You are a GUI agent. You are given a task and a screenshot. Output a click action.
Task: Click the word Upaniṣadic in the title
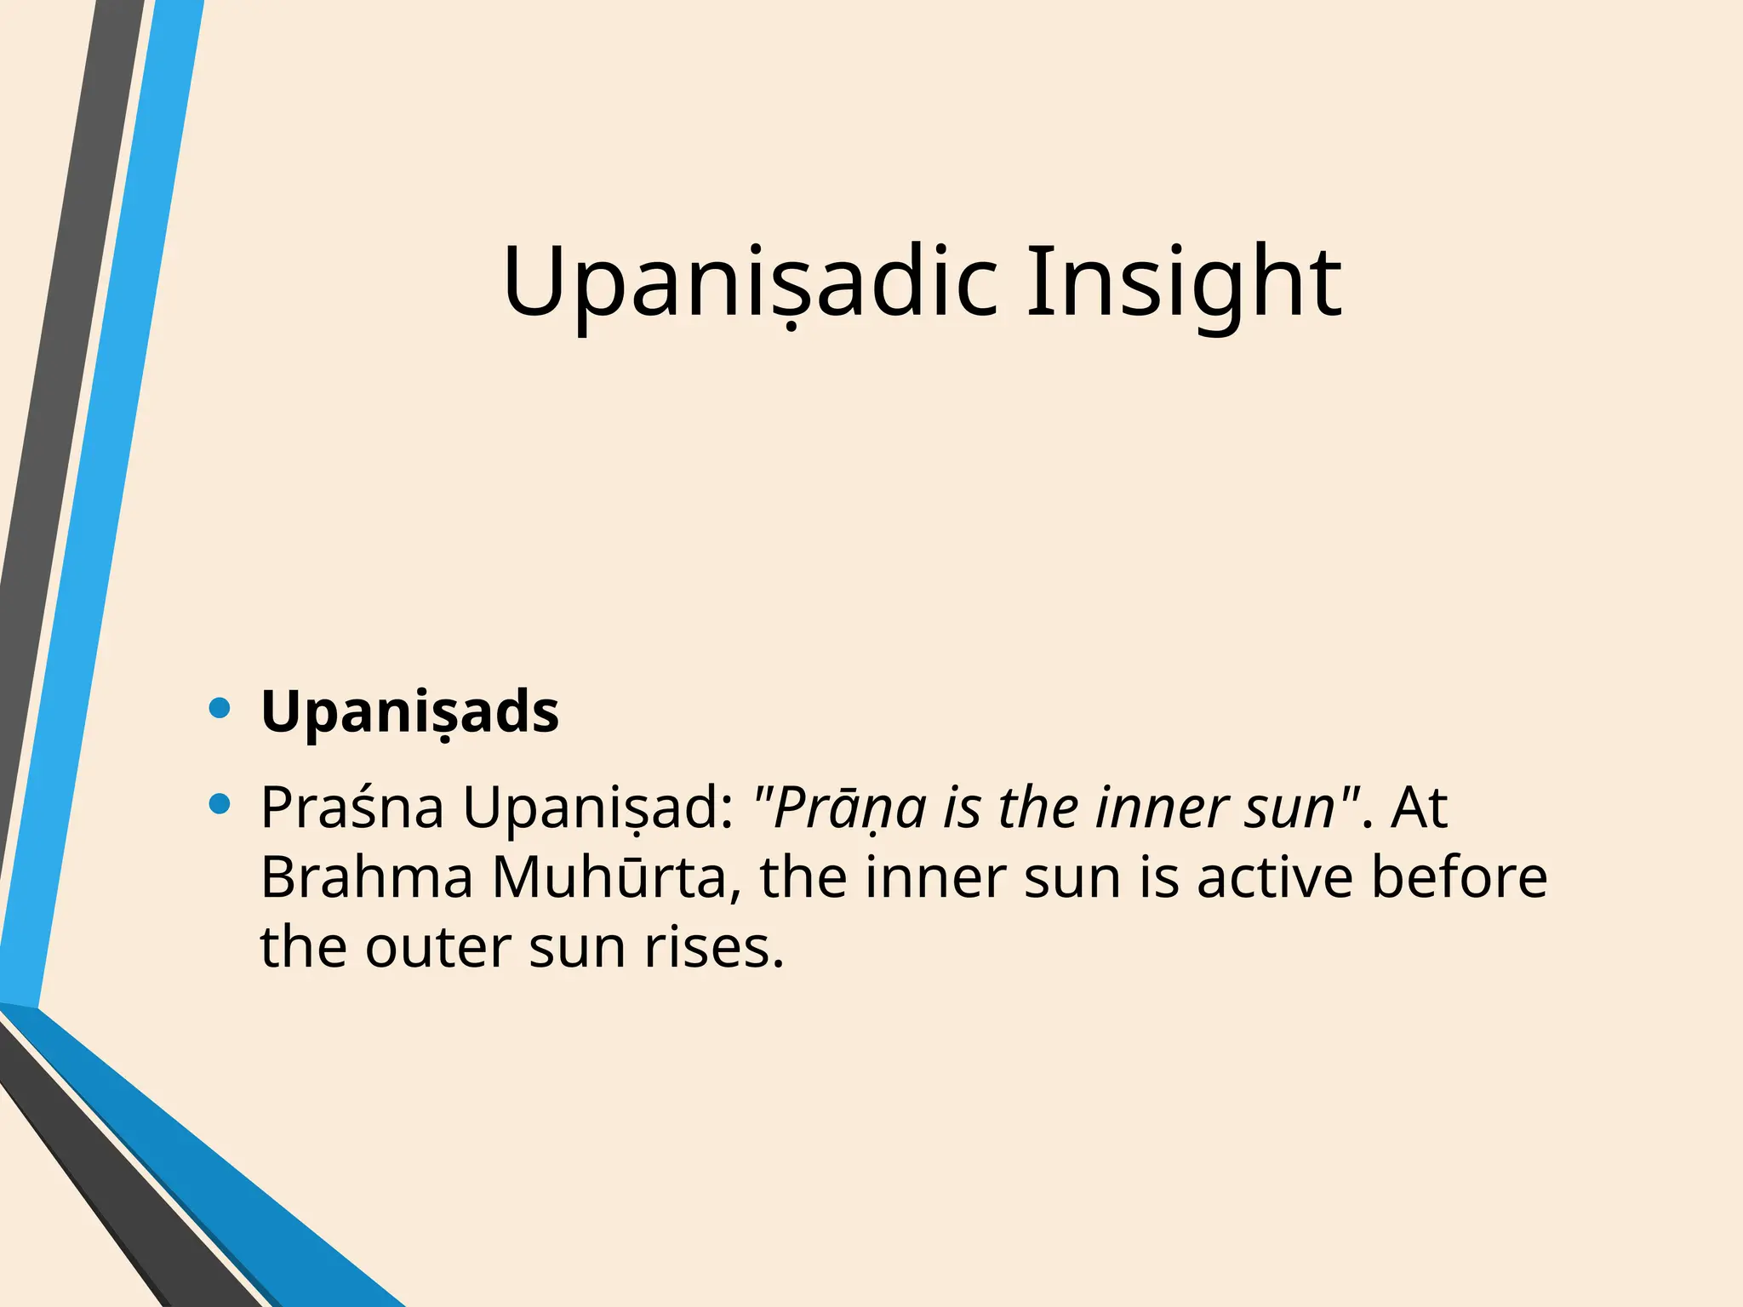749,281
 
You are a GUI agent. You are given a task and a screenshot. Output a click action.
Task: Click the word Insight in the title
1184,281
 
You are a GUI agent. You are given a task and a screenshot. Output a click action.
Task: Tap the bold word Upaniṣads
409,711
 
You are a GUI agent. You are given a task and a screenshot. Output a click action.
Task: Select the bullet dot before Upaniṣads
220,708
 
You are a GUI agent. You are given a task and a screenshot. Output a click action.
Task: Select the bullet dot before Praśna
220,803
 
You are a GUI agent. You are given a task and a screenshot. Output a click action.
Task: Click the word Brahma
366,877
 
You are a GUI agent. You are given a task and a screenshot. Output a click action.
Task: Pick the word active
1274,877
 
